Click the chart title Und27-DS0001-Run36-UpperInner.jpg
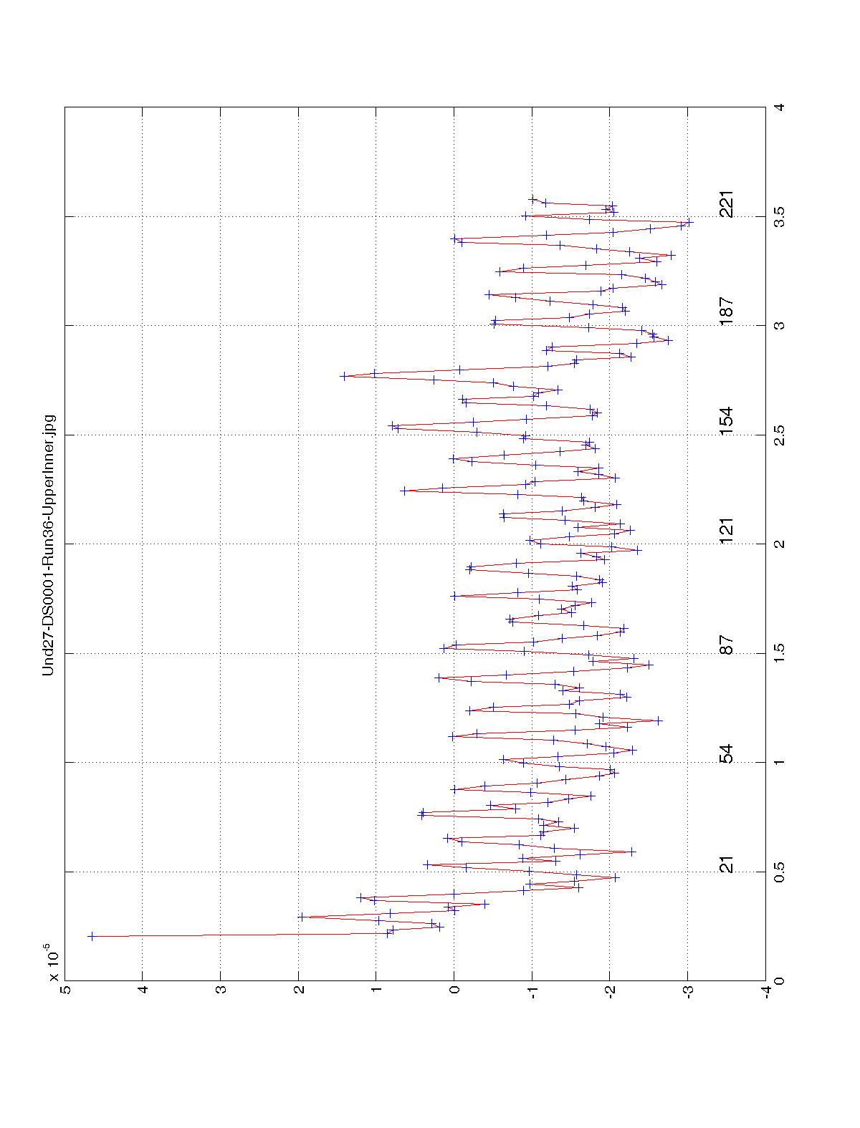pos(49,544)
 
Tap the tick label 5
pos(64,991)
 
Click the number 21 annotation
pos(727,864)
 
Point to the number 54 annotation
pos(727,754)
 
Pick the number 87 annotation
pos(727,645)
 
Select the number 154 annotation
pos(727,422)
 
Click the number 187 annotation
pos(727,312)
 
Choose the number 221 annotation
pos(727,204)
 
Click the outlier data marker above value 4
pos(91,936)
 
